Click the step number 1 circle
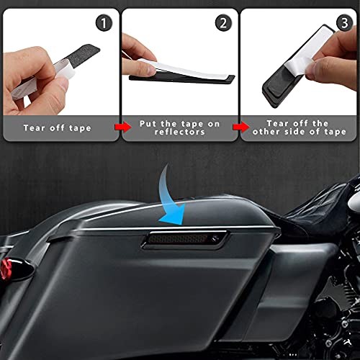coord(104,24)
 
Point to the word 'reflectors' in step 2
coord(180,132)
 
